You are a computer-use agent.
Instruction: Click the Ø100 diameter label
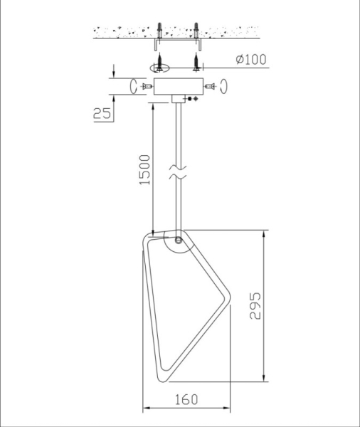[251, 60]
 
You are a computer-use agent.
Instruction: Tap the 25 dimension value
[102, 113]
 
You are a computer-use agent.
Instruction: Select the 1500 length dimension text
[144, 170]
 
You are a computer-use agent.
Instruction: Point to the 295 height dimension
[255, 306]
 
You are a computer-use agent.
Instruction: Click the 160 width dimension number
[186, 400]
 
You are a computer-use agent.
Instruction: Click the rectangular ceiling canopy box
[179, 86]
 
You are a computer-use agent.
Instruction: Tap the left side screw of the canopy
[147, 86]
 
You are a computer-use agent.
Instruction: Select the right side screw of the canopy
[210, 86]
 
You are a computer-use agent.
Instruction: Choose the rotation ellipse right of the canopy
[225, 86]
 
